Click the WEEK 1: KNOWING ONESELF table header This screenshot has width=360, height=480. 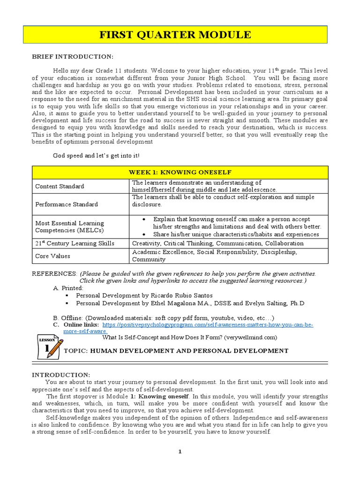(180, 172)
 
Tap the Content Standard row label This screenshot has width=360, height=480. (60, 186)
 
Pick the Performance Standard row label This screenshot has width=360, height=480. (67, 204)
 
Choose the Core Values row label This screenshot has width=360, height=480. (52, 256)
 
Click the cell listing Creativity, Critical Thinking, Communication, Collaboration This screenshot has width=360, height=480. (217, 243)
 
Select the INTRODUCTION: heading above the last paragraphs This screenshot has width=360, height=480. (60, 375)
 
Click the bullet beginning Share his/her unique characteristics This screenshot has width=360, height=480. (236, 234)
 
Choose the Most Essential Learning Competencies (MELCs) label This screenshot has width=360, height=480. (69, 227)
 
